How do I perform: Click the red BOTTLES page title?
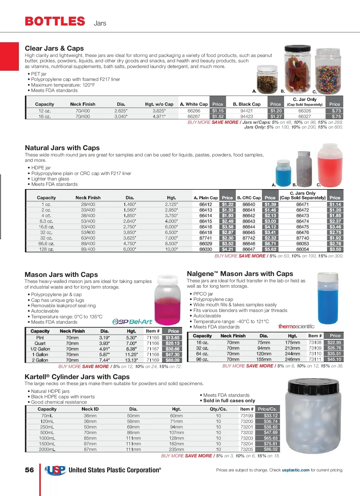(x=55, y=21)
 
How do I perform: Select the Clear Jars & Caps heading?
(x=54, y=48)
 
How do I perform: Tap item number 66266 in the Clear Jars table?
(x=194, y=111)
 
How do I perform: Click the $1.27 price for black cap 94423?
(x=276, y=117)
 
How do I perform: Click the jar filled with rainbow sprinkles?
(x=328, y=72)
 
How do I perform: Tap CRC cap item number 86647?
(x=249, y=249)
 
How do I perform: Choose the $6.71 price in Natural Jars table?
(x=270, y=244)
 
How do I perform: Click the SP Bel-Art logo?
(x=132, y=322)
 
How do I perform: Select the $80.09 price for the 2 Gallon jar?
(x=172, y=360)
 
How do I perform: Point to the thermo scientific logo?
(x=296, y=326)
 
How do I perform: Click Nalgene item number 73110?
(x=315, y=354)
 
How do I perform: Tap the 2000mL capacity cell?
(x=47, y=449)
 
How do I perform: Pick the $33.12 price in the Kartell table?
(x=271, y=416)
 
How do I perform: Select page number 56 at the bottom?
(x=29, y=470)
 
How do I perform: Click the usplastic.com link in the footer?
(x=295, y=470)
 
